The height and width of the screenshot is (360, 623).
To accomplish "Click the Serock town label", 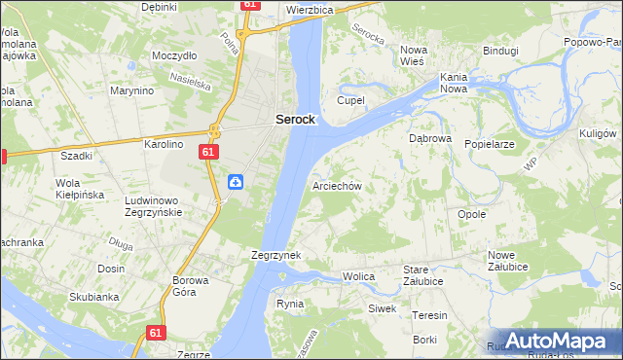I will coord(294,119).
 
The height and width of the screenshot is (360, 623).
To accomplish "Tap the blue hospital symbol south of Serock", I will coord(236,182).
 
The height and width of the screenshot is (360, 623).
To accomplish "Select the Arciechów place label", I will coord(337,186).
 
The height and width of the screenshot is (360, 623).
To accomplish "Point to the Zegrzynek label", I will coord(275,255).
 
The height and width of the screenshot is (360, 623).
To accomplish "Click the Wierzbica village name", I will coord(311,9).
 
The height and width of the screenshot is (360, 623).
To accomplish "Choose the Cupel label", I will coord(350,100).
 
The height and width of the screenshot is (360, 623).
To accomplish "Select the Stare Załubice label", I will coord(423,275).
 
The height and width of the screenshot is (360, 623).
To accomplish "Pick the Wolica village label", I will coord(358,277).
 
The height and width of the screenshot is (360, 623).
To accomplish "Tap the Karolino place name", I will coord(164,144).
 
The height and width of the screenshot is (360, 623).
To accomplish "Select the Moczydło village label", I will coord(174,55).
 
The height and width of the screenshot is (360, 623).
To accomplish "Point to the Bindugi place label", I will coord(500,50).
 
